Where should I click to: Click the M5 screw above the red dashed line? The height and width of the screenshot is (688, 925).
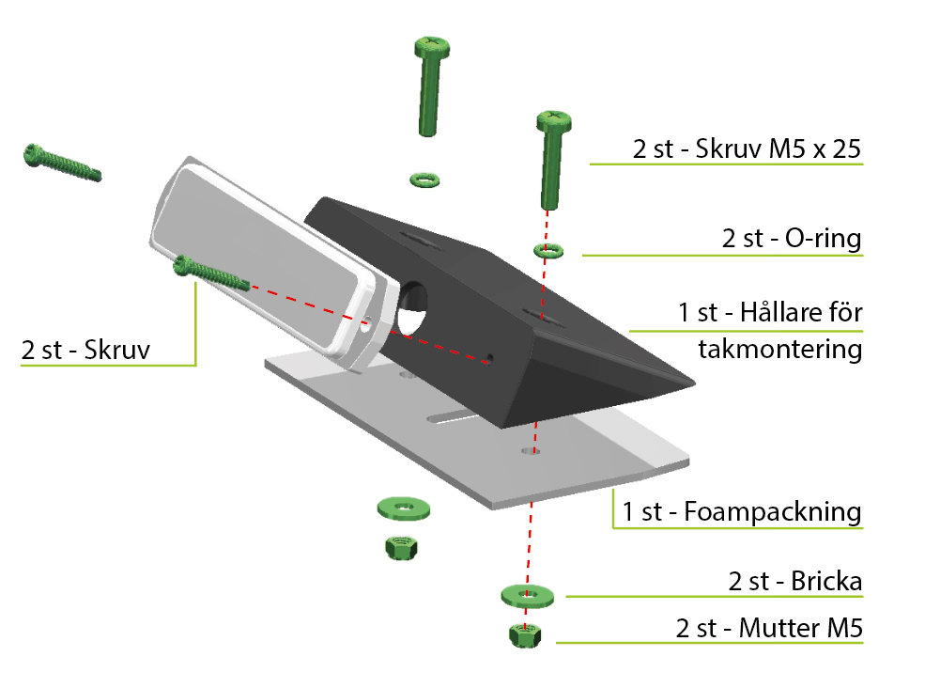point(552,160)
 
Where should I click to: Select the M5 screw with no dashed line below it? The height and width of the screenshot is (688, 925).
point(431,86)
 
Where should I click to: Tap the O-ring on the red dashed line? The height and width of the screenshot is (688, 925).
point(548,250)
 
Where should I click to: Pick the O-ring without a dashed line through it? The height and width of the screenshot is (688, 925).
point(424,180)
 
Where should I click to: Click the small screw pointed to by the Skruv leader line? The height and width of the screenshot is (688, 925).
point(211,274)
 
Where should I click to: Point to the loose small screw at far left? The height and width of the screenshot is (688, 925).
point(62,163)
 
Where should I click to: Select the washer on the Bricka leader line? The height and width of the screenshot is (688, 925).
point(528,596)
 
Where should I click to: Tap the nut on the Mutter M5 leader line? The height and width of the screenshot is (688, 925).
point(524,635)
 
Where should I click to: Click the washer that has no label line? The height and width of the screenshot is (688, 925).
point(404,508)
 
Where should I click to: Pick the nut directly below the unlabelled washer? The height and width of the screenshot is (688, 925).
point(401,548)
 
